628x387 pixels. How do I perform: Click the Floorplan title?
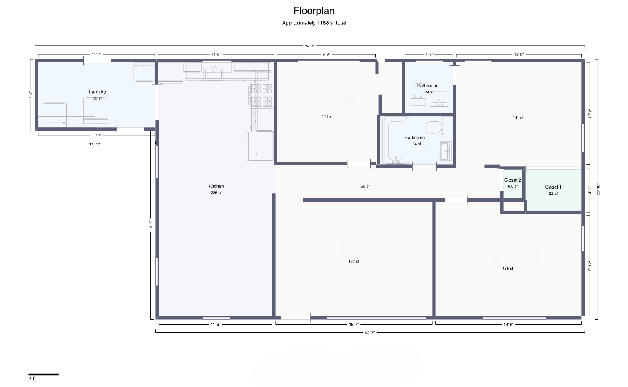pos(314,11)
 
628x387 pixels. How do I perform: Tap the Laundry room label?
pos(97,92)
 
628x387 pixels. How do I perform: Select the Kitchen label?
pos(216,186)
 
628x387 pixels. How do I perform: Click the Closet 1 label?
pos(553,187)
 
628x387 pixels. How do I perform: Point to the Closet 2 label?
pos(513,180)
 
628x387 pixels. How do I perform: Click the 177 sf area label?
pos(354,261)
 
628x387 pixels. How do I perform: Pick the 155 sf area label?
pos(508,268)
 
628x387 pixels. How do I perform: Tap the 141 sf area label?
pos(518,118)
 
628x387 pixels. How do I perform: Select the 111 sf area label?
pos(327,116)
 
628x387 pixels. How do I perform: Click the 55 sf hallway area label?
pos(365,186)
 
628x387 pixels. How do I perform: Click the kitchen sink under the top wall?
pos(214,73)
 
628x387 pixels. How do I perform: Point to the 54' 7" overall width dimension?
pos(310,46)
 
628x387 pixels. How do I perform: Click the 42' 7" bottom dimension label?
pos(370,332)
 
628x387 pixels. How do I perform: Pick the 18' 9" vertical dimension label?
pos(151,225)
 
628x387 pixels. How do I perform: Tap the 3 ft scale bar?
pos(44,374)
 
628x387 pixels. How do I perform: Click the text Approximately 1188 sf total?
pos(314,23)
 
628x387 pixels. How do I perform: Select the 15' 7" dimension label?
pos(354,325)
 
